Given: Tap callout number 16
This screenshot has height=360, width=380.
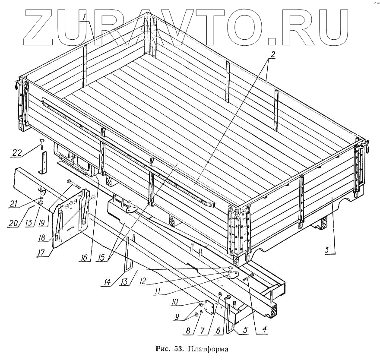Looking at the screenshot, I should pos(83,258).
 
